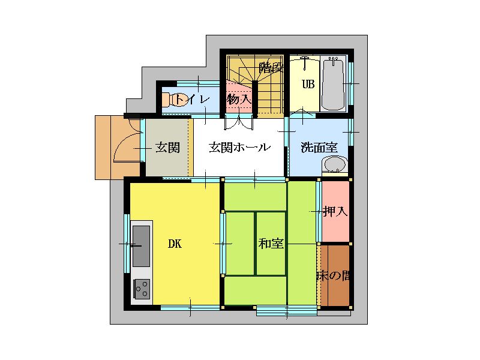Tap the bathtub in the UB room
(x=334, y=83)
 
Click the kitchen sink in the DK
(x=141, y=246)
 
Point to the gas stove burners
(x=142, y=289)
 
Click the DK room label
(x=175, y=244)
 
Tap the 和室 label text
(x=271, y=244)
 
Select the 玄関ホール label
(x=239, y=147)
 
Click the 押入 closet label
(x=335, y=211)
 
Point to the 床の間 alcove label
(x=334, y=276)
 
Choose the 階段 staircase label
(x=271, y=68)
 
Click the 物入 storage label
(x=239, y=99)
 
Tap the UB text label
(x=308, y=84)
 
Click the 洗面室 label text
(x=319, y=147)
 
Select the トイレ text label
(x=192, y=99)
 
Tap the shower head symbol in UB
(x=305, y=63)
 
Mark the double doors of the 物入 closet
(x=239, y=122)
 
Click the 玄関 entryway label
(x=167, y=147)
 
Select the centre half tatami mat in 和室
(x=271, y=244)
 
